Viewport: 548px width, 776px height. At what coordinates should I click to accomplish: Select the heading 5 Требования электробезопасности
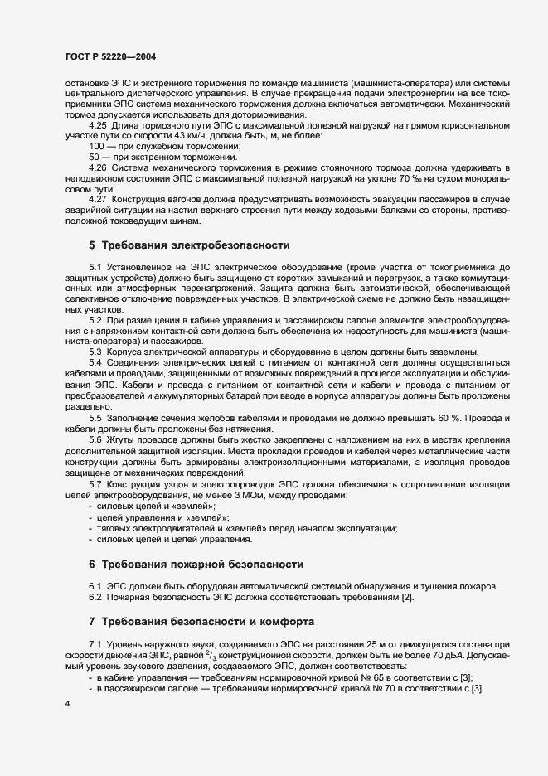pyautogui.click(x=189, y=245)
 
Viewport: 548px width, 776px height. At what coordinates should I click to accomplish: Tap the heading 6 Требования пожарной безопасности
pyautogui.click(x=195, y=564)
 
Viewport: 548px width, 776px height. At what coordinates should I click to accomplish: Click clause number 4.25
pyautogui.click(x=99, y=124)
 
